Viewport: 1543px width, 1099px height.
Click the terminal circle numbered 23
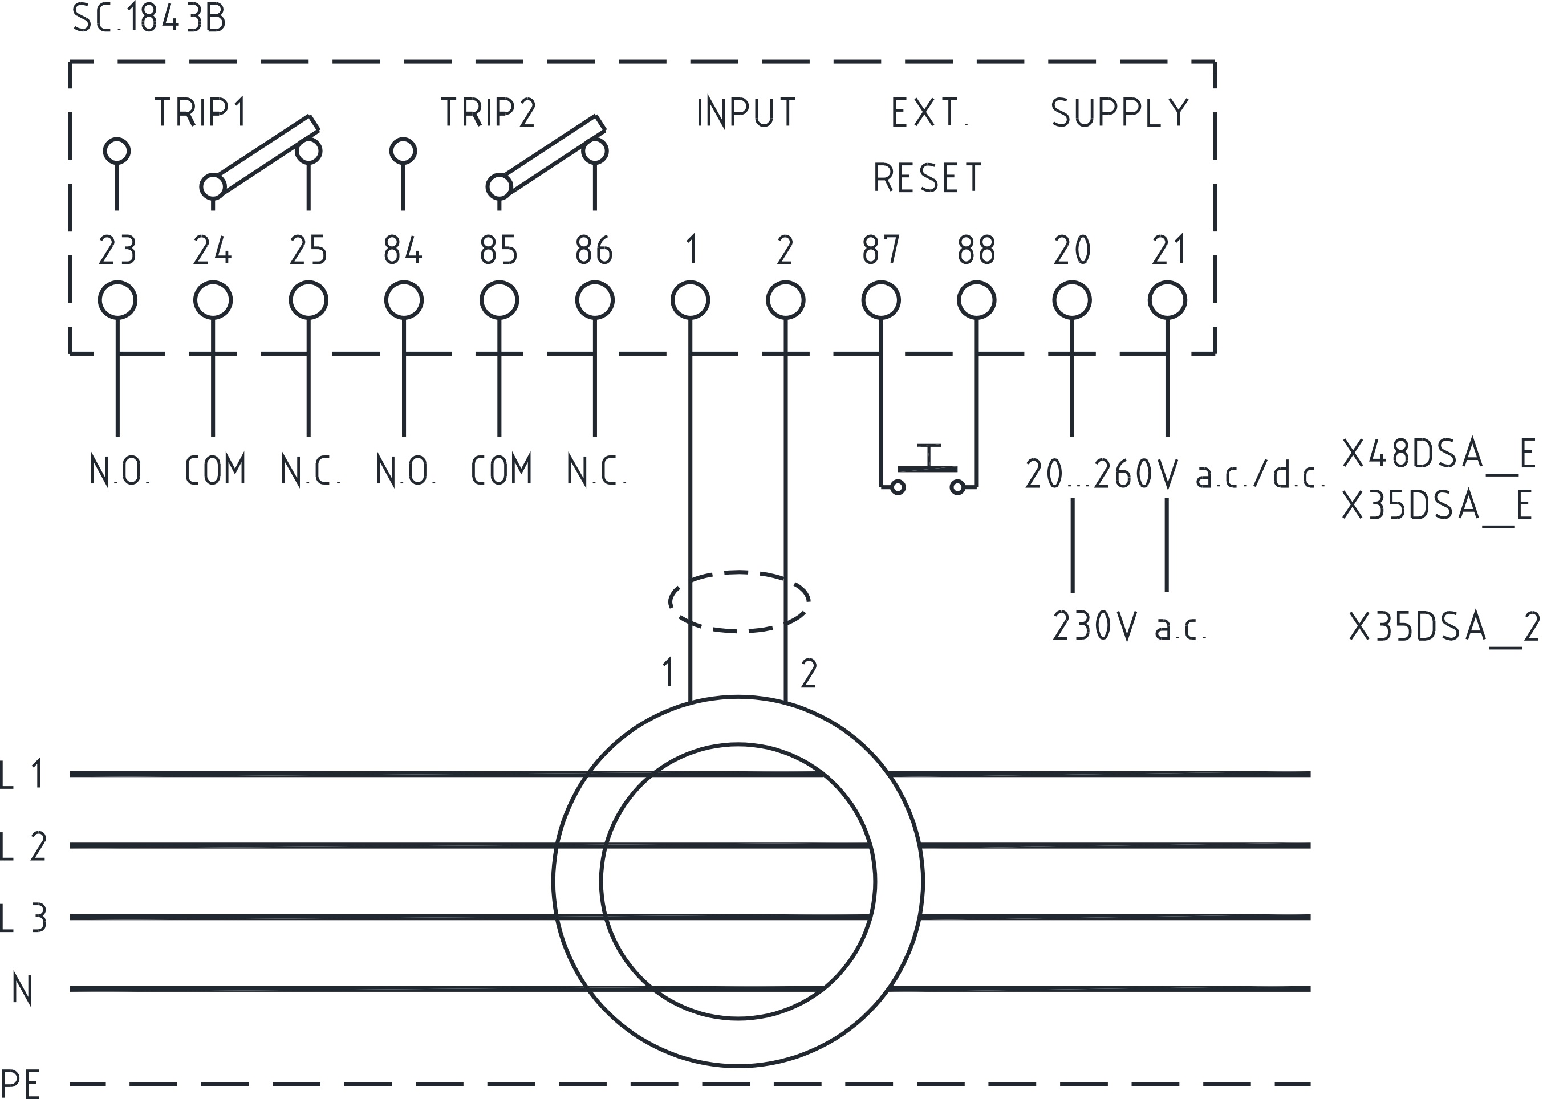click(x=118, y=300)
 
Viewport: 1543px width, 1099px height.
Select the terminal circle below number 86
click(x=595, y=300)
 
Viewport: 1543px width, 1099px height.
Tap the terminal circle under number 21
click(x=1167, y=300)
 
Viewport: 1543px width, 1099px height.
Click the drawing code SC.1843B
click(x=149, y=18)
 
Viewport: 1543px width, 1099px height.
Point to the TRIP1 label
click(x=201, y=112)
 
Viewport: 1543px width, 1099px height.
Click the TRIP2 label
click(x=488, y=112)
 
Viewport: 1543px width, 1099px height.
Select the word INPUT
click(x=746, y=112)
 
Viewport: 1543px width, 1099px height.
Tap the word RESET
click(x=927, y=178)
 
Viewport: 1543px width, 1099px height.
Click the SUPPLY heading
click(x=1119, y=112)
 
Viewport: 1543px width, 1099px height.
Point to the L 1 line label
click(x=23, y=774)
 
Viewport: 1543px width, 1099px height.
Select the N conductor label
click(x=22, y=990)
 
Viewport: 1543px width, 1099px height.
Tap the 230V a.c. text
click(x=1129, y=626)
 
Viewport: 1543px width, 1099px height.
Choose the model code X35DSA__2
click(x=1444, y=626)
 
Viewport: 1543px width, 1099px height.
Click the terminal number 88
click(x=977, y=250)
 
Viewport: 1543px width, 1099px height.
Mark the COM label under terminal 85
click(x=501, y=470)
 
